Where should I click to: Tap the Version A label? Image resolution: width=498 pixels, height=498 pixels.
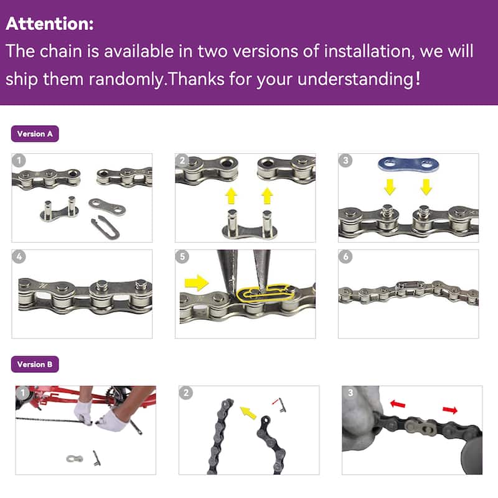[x=35, y=134]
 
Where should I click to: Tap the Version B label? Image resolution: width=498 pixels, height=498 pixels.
[x=35, y=364]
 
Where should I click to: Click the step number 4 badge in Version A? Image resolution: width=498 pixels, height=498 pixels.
[x=19, y=256]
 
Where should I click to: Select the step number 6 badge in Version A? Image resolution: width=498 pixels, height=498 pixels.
[x=345, y=256]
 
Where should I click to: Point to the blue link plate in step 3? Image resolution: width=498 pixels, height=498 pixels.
[x=408, y=165]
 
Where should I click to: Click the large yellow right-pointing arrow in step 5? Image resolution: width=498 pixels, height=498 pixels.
[x=197, y=283]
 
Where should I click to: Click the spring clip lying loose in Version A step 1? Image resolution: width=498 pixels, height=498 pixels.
[x=105, y=227]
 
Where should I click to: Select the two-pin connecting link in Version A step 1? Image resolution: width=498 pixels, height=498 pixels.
[x=59, y=209]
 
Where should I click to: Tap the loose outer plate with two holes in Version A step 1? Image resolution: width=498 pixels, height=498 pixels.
[x=107, y=206]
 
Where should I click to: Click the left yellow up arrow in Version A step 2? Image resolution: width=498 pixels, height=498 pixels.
[x=231, y=195]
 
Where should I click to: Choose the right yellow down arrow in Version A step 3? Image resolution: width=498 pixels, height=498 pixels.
[x=426, y=187]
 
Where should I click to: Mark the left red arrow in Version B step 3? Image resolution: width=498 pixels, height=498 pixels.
[x=398, y=404]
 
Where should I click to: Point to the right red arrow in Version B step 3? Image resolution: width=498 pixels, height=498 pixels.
[x=450, y=410]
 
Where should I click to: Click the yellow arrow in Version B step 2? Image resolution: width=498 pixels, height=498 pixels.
[x=248, y=412]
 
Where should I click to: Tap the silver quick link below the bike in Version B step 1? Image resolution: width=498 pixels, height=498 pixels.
[x=75, y=458]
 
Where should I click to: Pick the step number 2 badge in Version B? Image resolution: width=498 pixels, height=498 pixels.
[x=186, y=393]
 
